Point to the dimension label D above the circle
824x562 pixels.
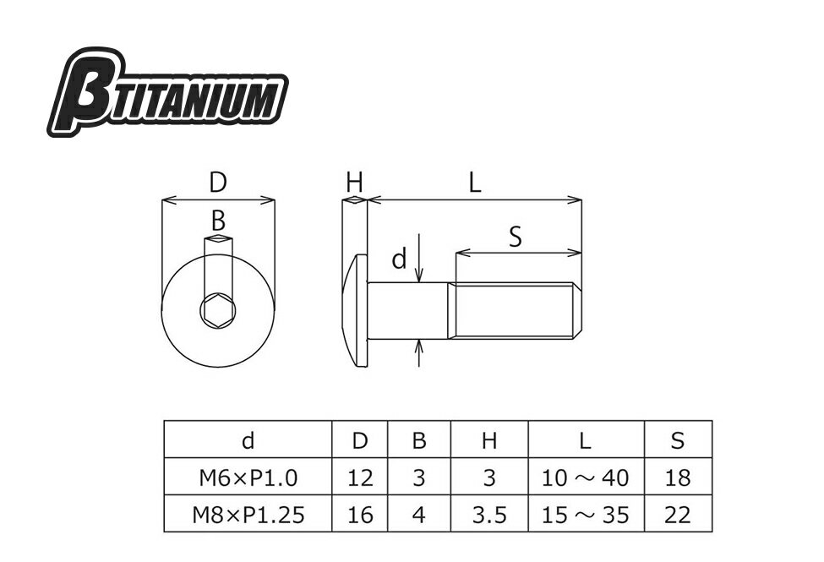point(217,183)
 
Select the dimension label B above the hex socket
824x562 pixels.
point(218,221)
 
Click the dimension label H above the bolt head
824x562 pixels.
point(355,183)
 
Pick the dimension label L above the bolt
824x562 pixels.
point(474,183)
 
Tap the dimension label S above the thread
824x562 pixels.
point(516,237)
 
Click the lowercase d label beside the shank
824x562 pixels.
point(400,259)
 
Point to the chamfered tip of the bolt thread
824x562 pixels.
point(577,310)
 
